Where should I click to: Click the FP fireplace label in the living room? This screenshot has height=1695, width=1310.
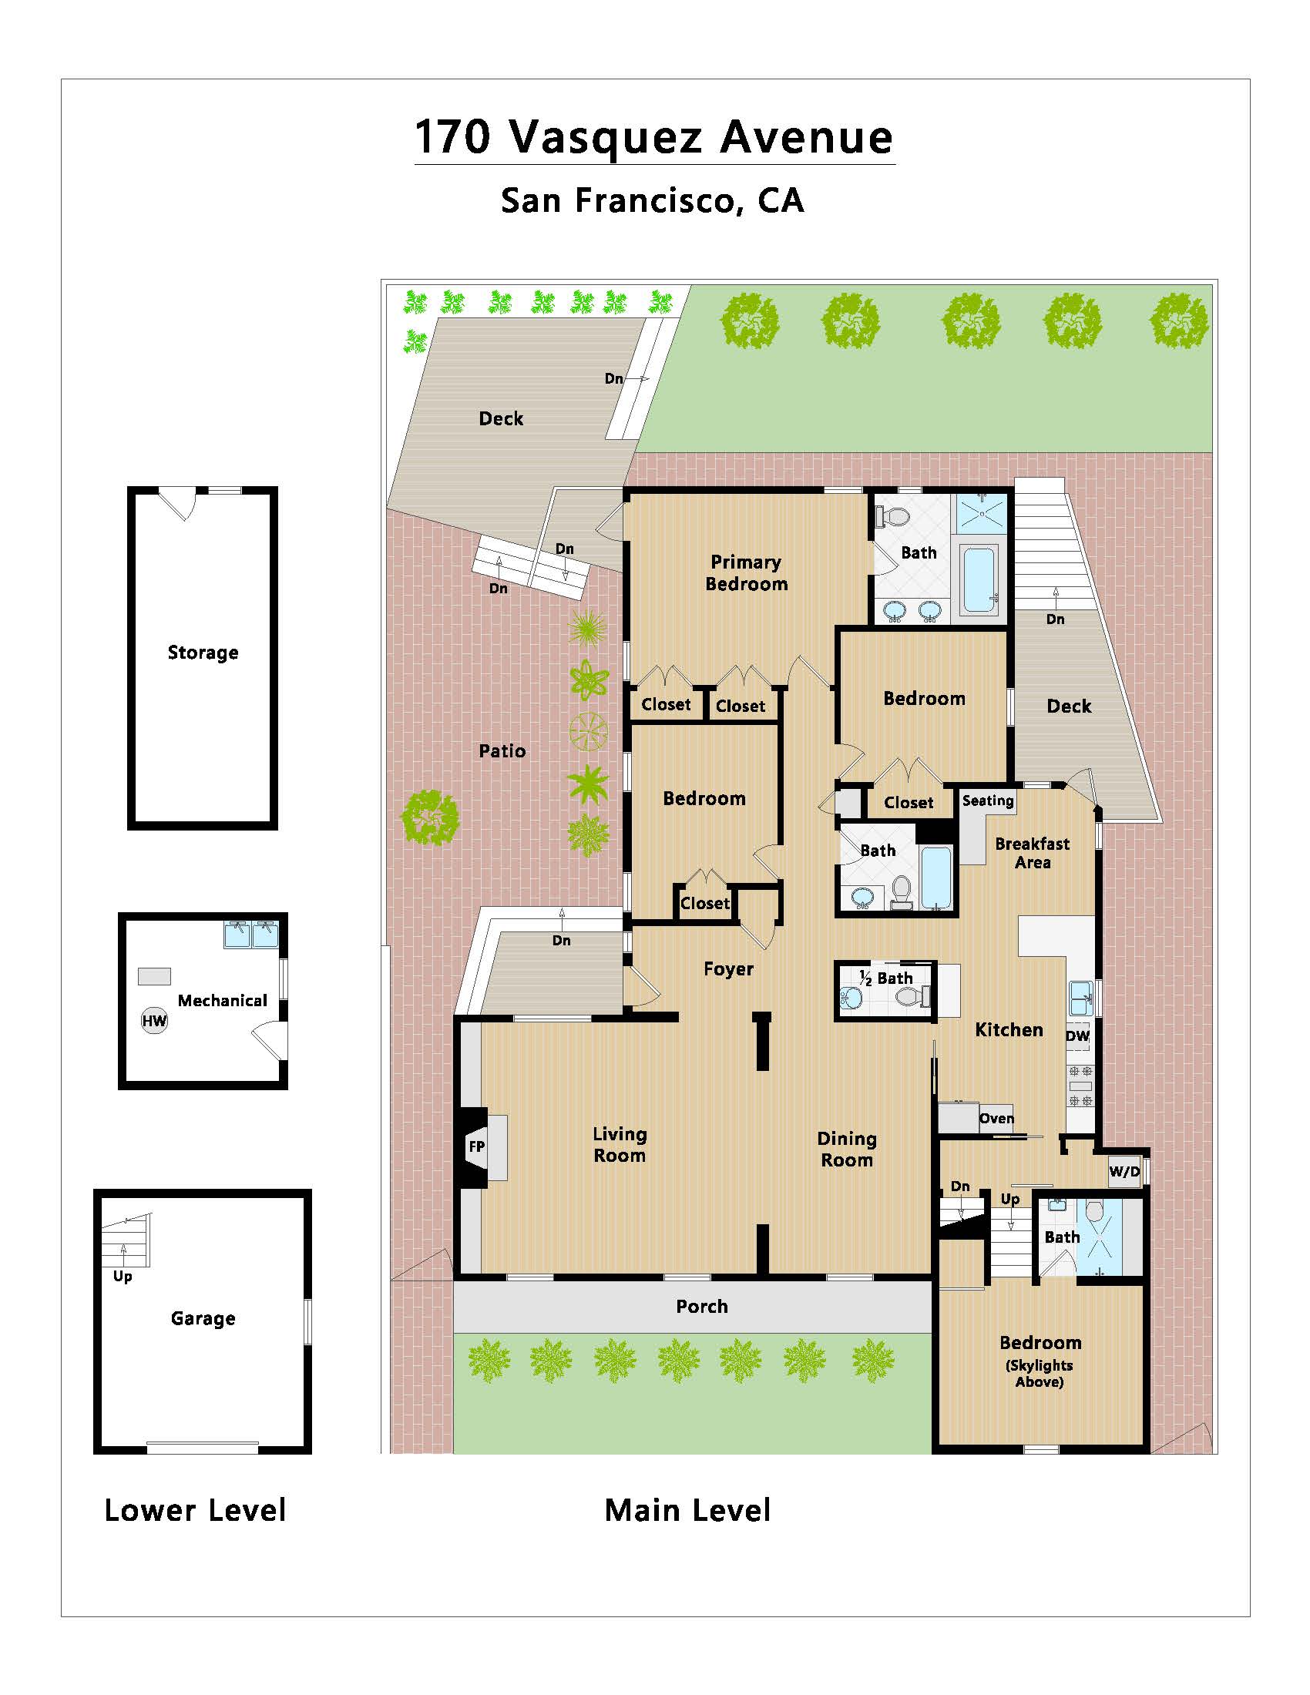click(476, 1146)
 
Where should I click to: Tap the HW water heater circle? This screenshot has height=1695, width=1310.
click(153, 1021)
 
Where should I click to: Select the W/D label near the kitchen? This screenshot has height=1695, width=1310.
click(1124, 1171)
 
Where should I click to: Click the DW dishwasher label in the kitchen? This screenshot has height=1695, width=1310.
click(1077, 1036)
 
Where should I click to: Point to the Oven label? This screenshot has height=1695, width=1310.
click(996, 1119)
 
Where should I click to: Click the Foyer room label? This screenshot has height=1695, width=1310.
click(728, 969)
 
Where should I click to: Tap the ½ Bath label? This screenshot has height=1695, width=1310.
click(885, 978)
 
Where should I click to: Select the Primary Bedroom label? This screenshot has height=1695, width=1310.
click(746, 572)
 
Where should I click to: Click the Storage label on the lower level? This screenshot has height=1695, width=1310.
click(203, 653)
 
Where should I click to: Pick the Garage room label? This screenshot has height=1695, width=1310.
click(203, 1317)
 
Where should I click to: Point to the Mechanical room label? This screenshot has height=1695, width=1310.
click(222, 1000)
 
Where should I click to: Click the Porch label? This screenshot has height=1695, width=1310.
click(701, 1306)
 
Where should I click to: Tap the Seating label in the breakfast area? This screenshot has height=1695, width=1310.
click(988, 801)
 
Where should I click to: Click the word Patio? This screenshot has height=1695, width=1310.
click(502, 750)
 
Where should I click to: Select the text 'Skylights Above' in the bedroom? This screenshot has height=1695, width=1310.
click(1040, 1374)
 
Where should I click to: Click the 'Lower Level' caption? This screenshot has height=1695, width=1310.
click(196, 1510)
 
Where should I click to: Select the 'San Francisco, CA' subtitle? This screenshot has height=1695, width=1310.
click(652, 200)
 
